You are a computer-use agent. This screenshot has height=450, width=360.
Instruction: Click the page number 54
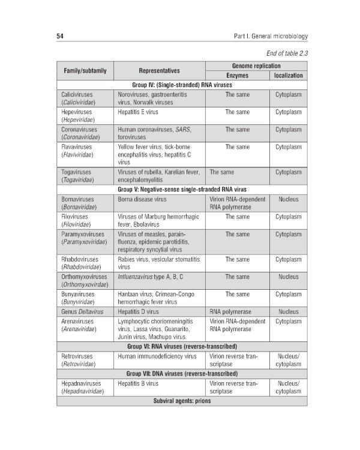coord(61,37)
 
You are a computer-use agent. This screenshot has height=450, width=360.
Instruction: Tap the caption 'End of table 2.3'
coord(283,53)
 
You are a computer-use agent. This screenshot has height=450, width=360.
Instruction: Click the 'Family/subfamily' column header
coord(85,70)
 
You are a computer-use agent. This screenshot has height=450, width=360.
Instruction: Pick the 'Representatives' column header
coord(159,70)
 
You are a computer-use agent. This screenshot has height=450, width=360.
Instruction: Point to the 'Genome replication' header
coord(256,65)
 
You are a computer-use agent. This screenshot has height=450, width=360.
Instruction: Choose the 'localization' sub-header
coord(289,76)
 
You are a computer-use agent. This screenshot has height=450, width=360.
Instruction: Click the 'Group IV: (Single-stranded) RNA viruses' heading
coord(182,85)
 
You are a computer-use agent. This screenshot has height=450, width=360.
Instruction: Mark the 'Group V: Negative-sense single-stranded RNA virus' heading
coord(182,189)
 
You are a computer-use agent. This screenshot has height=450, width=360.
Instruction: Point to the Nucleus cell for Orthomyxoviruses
coord(289,277)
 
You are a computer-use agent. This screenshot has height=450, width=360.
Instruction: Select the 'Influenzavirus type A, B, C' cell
coord(151,277)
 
